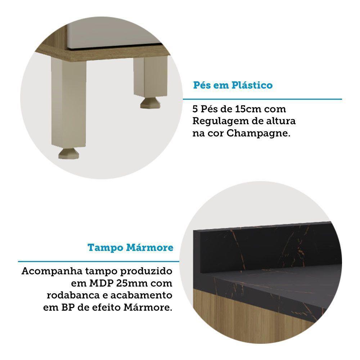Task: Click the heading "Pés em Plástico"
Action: [233, 86]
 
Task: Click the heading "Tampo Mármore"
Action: [130, 248]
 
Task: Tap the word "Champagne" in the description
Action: [258, 133]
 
